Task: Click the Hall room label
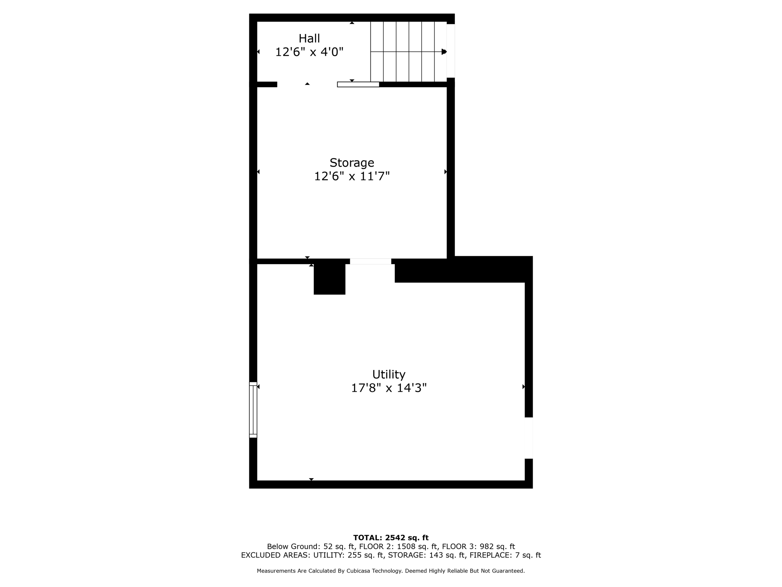click(309, 38)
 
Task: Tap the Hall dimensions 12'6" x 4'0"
click(309, 52)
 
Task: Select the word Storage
click(352, 163)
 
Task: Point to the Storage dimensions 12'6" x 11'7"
click(352, 177)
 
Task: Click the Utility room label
click(389, 374)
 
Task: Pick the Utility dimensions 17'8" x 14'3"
click(389, 388)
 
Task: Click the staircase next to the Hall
click(409, 52)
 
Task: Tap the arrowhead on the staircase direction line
click(444, 52)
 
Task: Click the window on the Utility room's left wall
click(253, 410)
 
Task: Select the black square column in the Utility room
click(330, 279)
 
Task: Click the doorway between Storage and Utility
click(370, 261)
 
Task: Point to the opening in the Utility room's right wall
click(529, 438)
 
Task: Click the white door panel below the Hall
click(358, 84)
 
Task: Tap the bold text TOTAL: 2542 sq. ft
click(391, 538)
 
